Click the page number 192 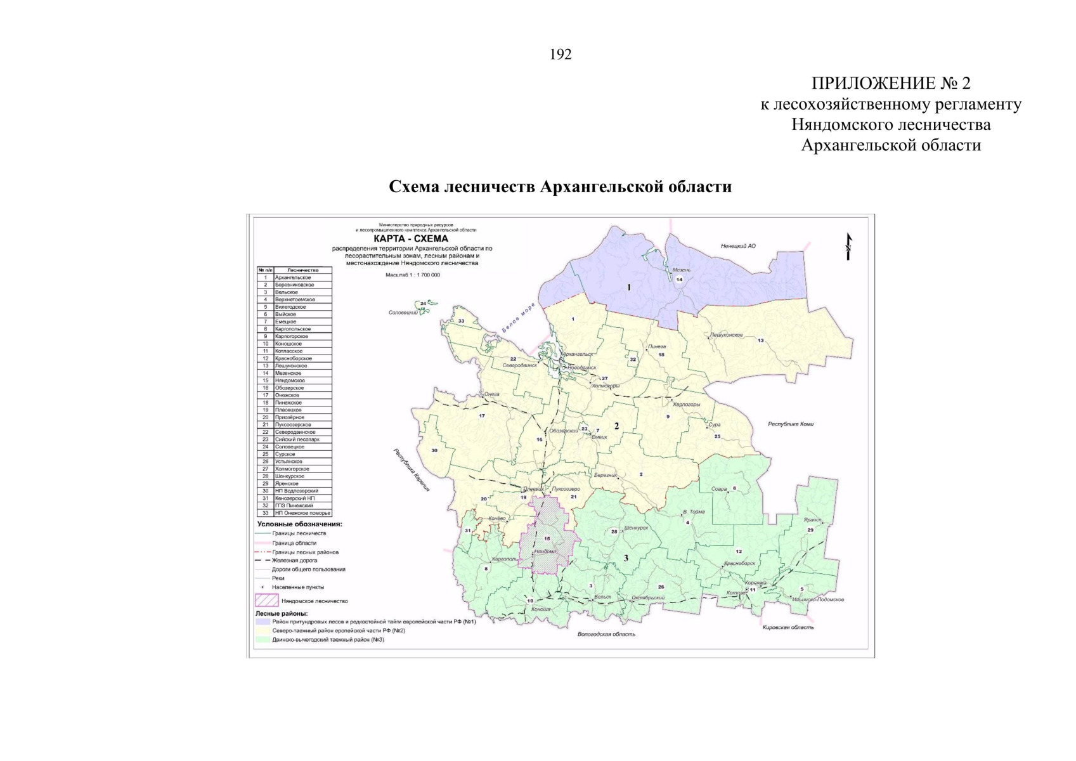[x=561, y=55]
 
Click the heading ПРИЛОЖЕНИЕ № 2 [x=890, y=83]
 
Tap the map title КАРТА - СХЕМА [x=410, y=238]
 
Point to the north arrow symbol [x=848, y=247]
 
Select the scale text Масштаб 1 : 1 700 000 [x=412, y=275]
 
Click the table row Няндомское [x=290, y=380]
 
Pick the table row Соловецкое [x=290, y=446]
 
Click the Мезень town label [x=682, y=270]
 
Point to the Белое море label [x=518, y=318]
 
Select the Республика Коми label [x=790, y=424]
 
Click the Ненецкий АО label [x=738, y=246]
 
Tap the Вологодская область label [x=606, y=634]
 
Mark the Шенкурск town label [x=636, y=528]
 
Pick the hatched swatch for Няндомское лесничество [x=266, y=600]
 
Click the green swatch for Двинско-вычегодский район [x=263, y=639]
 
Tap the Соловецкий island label [x=403, y=313]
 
